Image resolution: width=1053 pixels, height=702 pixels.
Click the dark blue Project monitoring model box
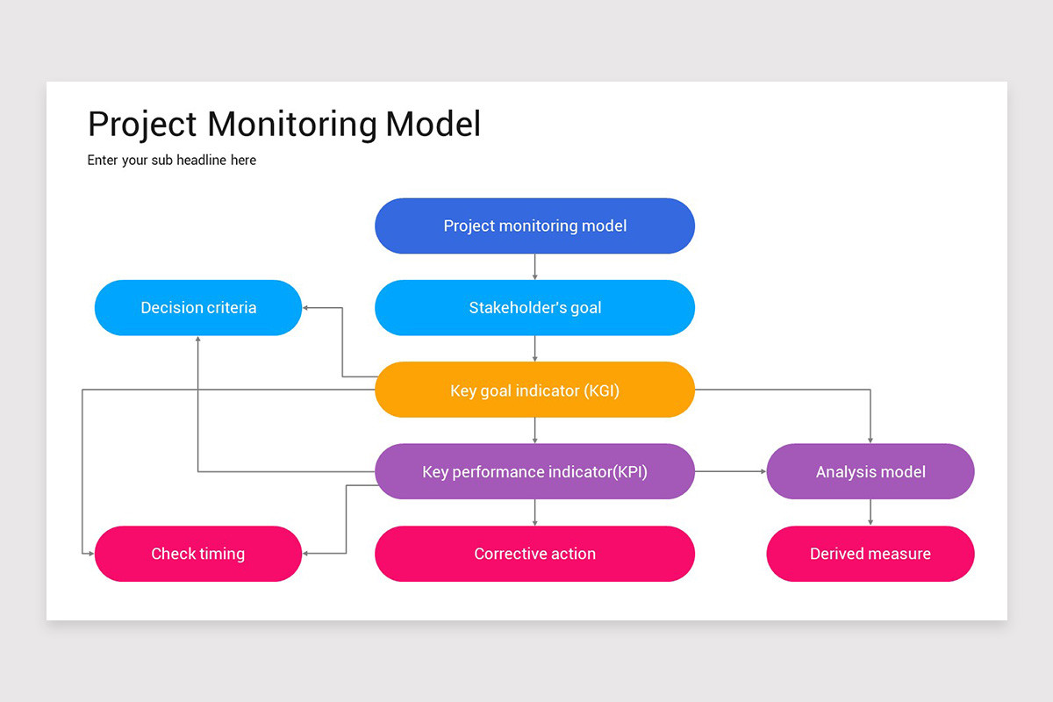[534, 226]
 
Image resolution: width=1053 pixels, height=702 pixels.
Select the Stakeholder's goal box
[534, 308]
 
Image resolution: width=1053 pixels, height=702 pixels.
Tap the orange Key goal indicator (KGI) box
[534, 390]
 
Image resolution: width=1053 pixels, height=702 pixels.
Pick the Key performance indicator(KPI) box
[534, 471]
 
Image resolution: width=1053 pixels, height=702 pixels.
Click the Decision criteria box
[198, 308]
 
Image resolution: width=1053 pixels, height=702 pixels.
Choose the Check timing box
[198, 554]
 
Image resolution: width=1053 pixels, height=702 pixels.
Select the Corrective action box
[534, 554]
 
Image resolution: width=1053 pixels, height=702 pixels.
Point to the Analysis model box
[870, 471]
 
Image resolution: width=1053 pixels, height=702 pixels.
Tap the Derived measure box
[870, 554]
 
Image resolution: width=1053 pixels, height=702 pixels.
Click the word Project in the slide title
[142, 124]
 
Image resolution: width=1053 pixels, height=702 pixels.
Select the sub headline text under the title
[172, 161]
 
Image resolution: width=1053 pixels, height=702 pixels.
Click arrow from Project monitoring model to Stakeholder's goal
[534, 267]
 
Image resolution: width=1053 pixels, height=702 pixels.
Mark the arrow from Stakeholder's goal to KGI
[534, 348]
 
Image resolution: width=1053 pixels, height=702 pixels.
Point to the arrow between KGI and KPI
[534, 430]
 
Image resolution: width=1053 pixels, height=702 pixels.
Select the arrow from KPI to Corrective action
[534, 512]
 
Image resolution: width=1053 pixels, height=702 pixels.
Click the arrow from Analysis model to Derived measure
[870, 512]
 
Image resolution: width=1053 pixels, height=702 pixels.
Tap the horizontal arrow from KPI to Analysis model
[730, 471]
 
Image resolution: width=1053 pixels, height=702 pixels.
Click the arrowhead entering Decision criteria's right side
[307, 308]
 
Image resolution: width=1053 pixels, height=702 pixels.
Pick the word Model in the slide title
[433, 124]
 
